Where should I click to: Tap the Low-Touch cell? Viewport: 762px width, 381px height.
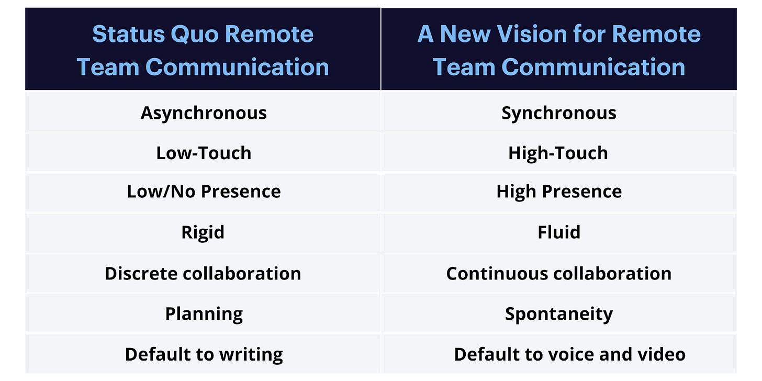coord(204,153)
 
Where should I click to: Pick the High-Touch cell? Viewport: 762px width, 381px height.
coord(559,153)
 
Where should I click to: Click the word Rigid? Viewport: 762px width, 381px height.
coord(203,233)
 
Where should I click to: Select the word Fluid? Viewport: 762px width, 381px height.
coord(559,232)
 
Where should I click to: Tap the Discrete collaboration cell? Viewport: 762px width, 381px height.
coord(204,274)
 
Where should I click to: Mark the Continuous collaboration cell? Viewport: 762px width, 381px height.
coord(559,274)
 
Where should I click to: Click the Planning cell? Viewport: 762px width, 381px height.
coord(204,313)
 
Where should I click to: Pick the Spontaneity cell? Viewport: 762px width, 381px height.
coord(559,313)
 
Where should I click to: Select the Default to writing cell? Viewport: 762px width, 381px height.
coord(204,354)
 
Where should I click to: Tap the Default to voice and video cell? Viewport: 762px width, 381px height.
coord(559,354)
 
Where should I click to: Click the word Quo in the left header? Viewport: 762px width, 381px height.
coord(194,35)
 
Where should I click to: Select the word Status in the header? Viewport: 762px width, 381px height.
coord(129,34)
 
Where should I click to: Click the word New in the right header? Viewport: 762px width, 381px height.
coord(465,34)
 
